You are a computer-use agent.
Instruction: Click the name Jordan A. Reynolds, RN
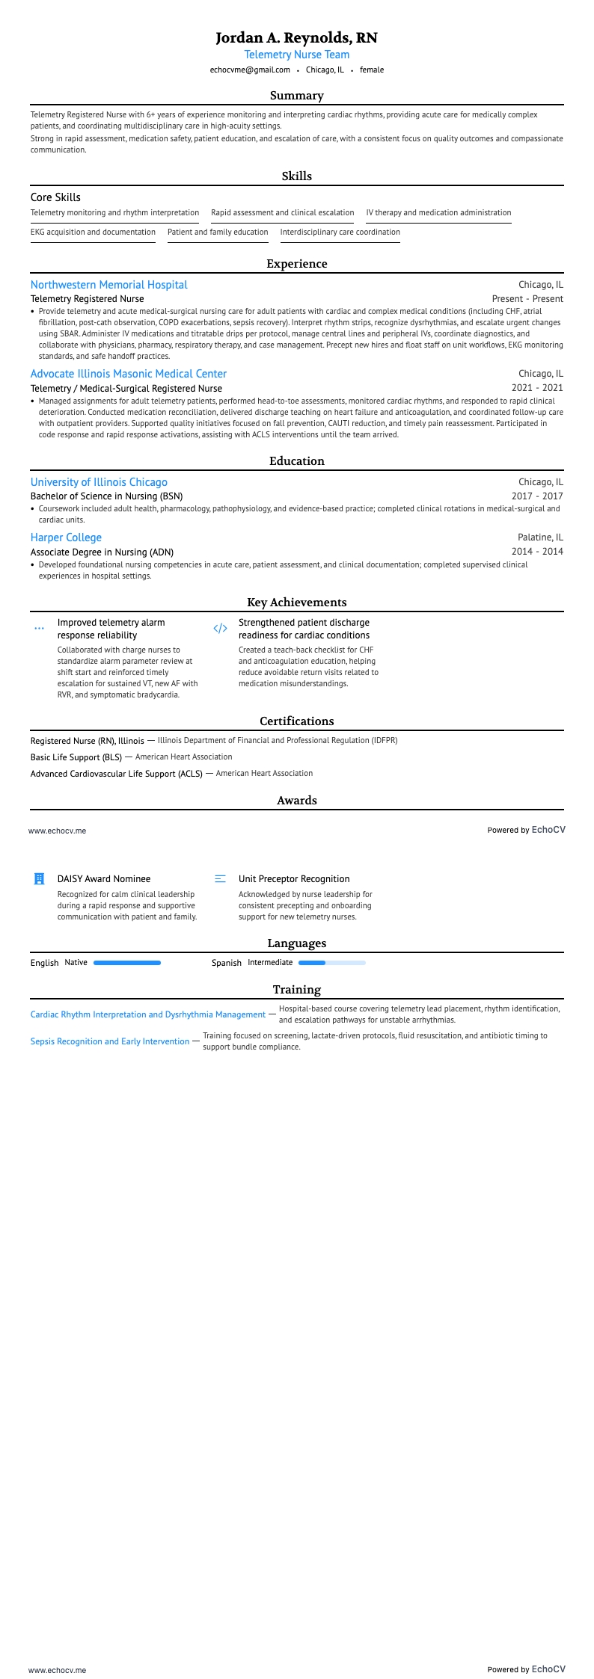pos(296,37)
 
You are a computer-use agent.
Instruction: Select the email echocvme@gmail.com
pos(250,70)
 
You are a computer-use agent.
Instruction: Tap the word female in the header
pos(372,70)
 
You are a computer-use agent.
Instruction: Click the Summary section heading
pos(296,96)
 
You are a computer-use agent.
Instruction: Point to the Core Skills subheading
pos(55,197)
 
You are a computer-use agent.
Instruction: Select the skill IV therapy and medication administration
pos(438,213)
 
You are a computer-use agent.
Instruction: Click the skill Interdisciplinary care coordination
pos(340,232)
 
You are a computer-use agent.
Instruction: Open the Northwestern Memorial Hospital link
pos(108,285)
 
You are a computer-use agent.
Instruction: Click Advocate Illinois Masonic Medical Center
pos(128,374)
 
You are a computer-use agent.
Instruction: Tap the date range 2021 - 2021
pos(537,388)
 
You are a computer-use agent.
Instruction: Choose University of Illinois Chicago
pos(99,482)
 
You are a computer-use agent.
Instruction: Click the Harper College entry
pos(66,537)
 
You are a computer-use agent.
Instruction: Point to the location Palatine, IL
pos(540,537)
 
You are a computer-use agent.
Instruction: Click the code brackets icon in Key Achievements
pos(220,629)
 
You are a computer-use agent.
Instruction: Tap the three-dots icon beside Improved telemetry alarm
pos(40,629)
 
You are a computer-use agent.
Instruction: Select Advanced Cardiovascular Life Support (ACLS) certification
pos(116,774)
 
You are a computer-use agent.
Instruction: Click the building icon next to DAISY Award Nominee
pos(40,879)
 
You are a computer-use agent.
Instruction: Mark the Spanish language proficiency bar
pos(331,963)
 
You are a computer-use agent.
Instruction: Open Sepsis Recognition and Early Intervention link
pos(109,1041)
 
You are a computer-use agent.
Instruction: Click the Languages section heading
pos(296,943)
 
